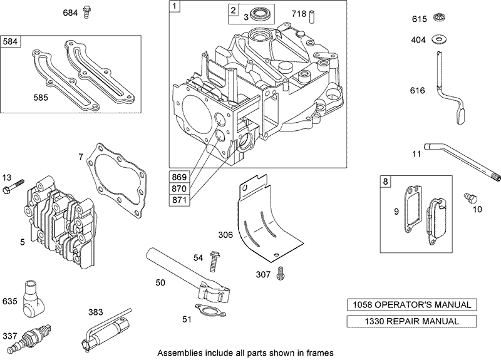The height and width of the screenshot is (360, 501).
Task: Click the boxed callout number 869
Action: pyautogui.click(x=180, y=176)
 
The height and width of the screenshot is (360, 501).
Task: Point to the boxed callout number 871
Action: pyautogui.click(x=180, y=199)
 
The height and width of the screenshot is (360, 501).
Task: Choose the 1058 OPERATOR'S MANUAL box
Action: pyautogui.click(x=410, y=305)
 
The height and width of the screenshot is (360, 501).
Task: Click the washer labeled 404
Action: pyautogui.click(x=438, y=39)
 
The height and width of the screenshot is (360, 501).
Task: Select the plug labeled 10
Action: pyautogui.click(x=468, y=198)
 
